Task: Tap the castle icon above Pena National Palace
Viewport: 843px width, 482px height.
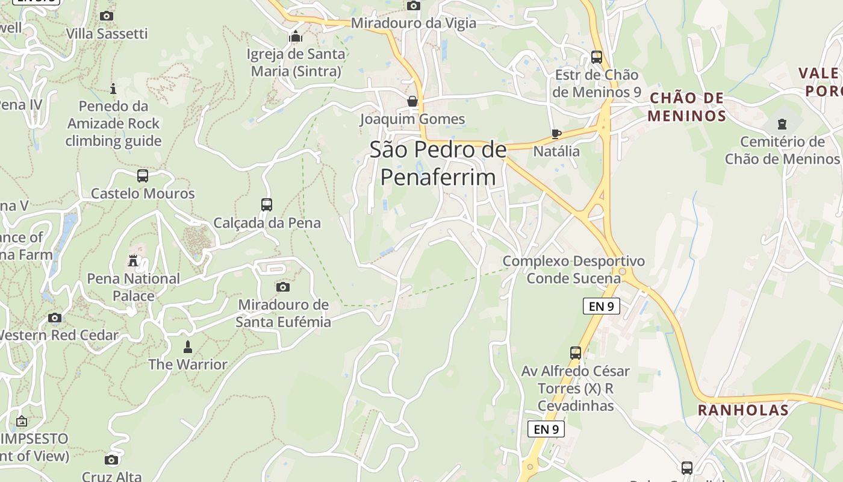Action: pyautogui.click(x=133, y=261)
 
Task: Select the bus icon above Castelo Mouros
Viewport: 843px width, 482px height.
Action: pyautogui.click(x=142, y=176)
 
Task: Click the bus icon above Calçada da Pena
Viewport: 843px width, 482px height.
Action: pyautogui.click(x=267, y=205)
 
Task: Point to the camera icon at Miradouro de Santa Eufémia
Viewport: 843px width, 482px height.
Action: pyautogui.click(x=283, y=287)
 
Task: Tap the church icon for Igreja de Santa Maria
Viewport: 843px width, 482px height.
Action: pyautogui.click(x=295, y=37)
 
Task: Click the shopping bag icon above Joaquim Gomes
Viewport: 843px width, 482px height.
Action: pyautogui.click(x=412, y=101)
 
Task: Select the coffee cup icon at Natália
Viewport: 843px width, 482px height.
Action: pyautogui.click(x=556, y=134)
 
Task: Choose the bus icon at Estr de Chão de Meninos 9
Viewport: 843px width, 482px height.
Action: pyautogui.click(x=597, y=57)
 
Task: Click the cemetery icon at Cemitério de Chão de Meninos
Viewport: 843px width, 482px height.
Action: pyautogui.click(x=782, y=124)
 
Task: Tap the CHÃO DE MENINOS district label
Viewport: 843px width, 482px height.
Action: pyautogui.click(x=687, y=107)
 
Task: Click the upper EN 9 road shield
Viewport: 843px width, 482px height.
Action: pyautogui.click(x=602, y=306)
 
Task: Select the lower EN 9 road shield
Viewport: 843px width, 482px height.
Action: pyautogui.click(x=546, y=429)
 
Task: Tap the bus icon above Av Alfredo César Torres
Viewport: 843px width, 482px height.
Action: pyautogui.click(x=576, y=353)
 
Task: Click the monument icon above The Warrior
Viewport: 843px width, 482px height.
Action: pyautogui.click(x=188, y=347)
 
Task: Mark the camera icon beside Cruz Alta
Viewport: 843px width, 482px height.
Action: pyautogui.click(x=111, y=460)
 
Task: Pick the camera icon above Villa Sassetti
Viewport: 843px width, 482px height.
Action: pyautogui.click(x=107, y=16)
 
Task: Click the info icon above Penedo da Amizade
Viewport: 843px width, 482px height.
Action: pyautogui.click(x=113, y=89)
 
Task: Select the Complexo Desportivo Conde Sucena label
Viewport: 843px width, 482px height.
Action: pyautogui.click(x=573, y=269)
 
